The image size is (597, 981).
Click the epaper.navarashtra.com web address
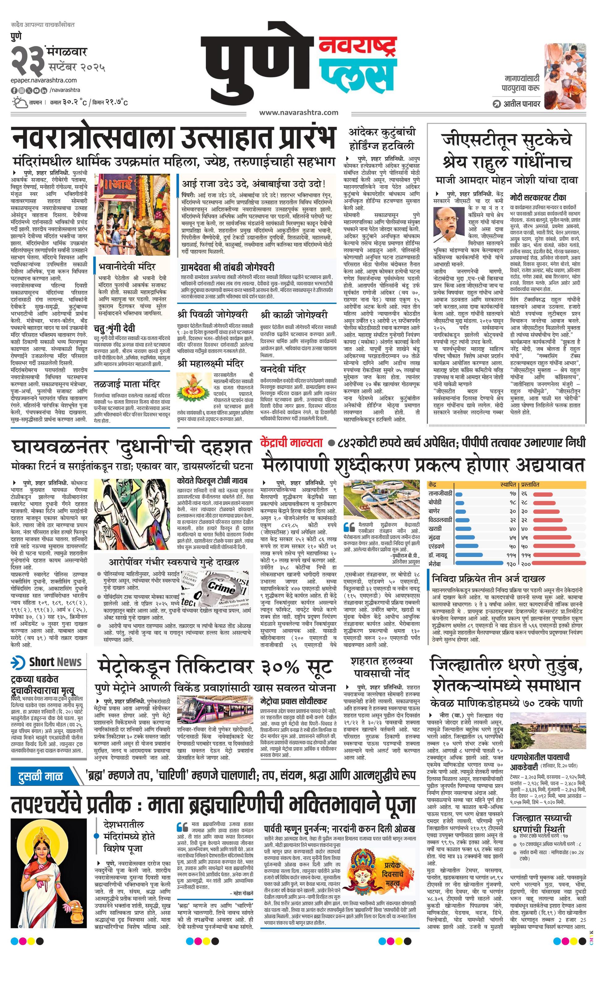[x=44, y=80]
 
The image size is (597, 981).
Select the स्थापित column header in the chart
[x=508, y=485]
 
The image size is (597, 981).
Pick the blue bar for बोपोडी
[x=460, y=503]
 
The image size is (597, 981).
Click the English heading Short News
[x=55, y=662]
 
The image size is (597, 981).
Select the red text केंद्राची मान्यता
[x=291, y=442]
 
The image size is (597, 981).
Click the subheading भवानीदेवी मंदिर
[x=127, y=266]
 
